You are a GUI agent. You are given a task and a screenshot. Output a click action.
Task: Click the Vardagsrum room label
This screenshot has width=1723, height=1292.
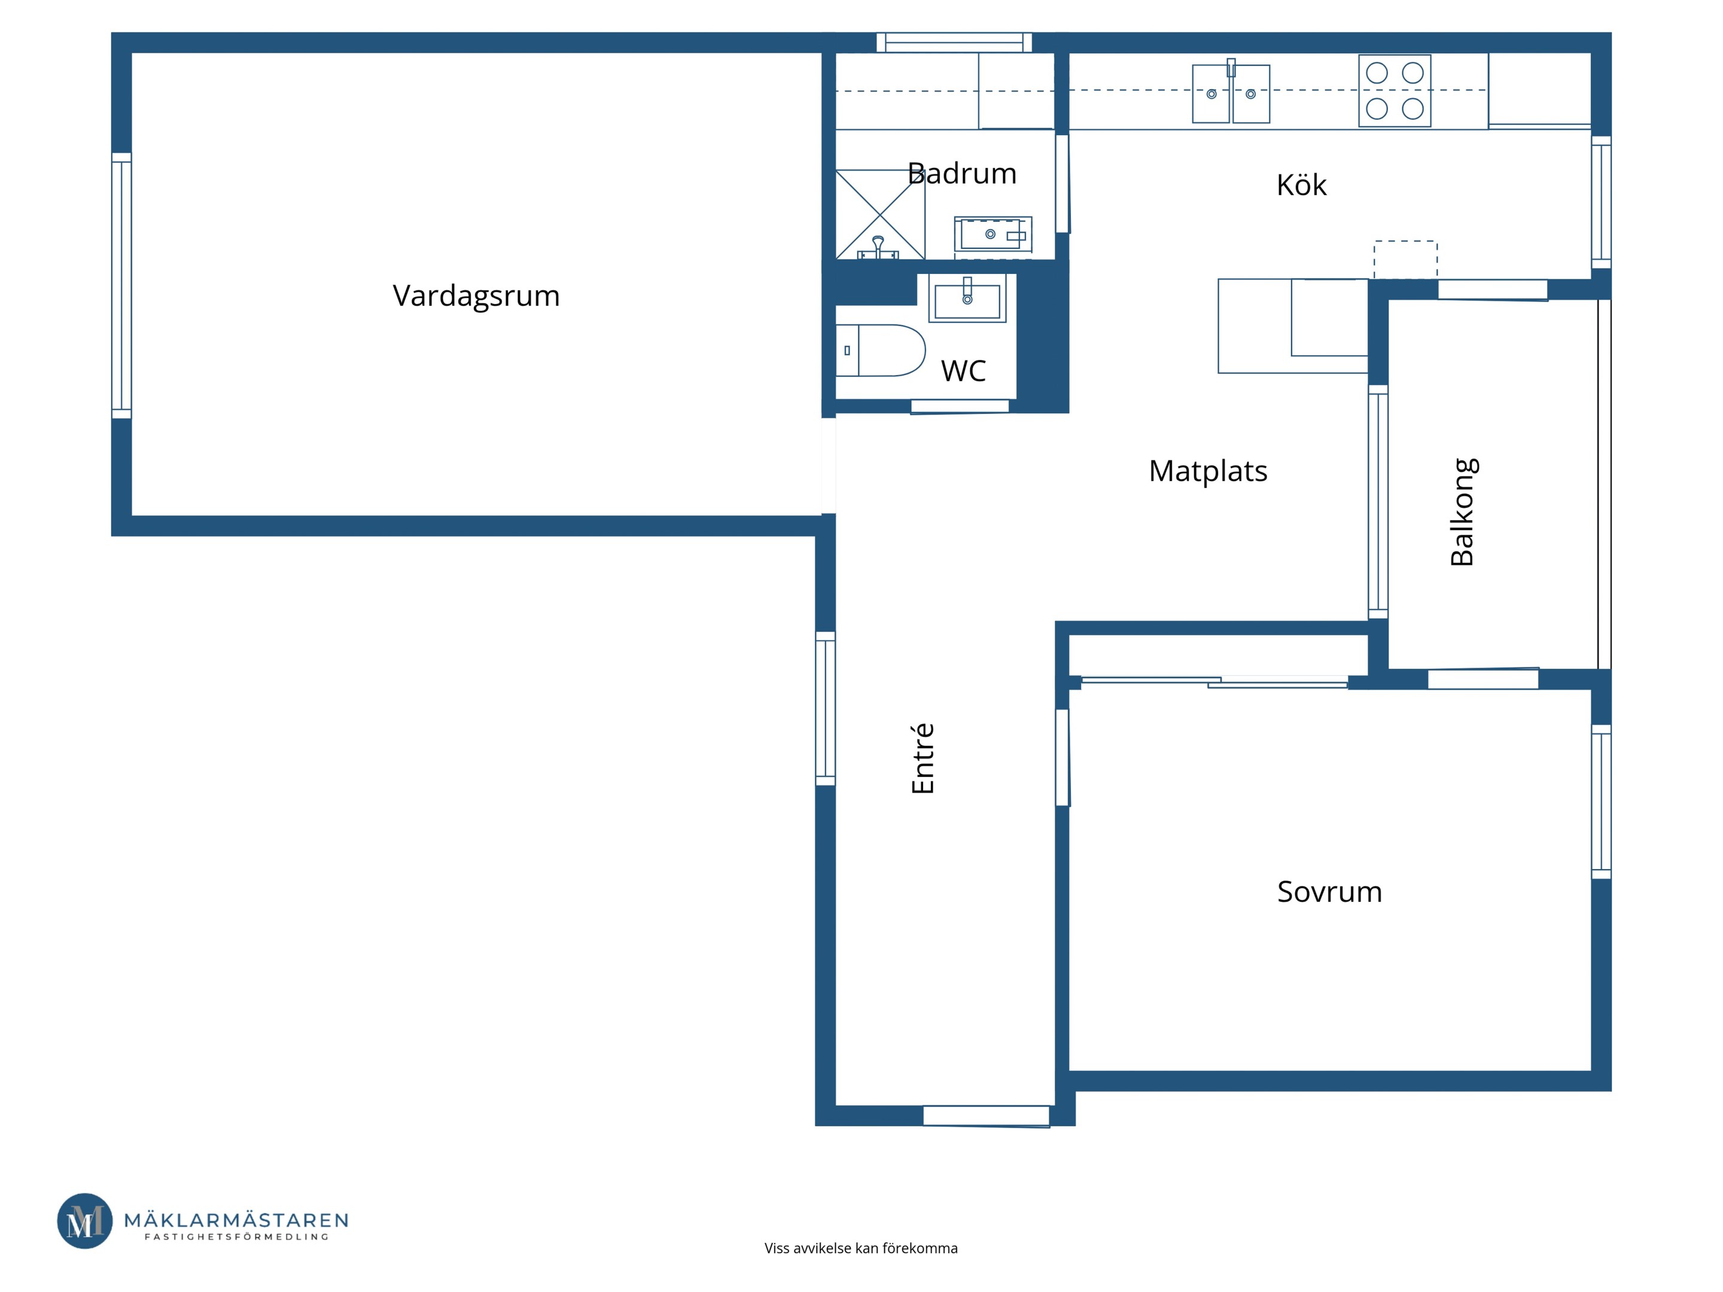coord(476,297)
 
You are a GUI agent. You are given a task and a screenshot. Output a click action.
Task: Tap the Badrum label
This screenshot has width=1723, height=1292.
coord(962,173)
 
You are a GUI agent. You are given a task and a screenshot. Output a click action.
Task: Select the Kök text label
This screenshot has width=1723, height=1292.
coord(1301,185)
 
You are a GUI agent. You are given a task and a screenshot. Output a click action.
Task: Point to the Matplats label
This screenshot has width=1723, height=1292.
coord(1208,471)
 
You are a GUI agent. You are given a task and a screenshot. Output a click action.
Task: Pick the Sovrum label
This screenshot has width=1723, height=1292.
coord(1329,892)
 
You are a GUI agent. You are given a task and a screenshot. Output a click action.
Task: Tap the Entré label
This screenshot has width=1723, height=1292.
coord(923,758)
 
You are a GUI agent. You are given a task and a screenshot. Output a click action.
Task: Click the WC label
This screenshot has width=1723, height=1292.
coord(964,371)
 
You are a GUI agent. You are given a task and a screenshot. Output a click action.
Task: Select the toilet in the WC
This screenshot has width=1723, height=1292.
coord(880,351)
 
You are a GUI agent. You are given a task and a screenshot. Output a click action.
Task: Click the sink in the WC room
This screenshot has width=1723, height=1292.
coord(967,298)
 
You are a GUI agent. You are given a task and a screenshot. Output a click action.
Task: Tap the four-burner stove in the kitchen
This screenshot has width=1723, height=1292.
coord(1395,90)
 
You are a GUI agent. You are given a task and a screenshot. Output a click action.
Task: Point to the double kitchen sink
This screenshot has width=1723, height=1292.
coord(1231,93)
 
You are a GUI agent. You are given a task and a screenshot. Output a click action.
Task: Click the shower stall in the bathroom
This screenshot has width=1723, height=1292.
coord(880,214)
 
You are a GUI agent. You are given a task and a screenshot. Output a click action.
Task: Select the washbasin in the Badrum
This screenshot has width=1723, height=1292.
coord(993,234)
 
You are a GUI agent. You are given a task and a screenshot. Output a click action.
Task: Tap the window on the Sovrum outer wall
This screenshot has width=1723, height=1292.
coord(1601,802)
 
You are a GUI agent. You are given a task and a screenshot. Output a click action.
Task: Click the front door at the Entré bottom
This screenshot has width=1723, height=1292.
coord(986,1116)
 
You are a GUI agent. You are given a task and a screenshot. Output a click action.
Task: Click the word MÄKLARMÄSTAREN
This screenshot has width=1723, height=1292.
coord(236,1220)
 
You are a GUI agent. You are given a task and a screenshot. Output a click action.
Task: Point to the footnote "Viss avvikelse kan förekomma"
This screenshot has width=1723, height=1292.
coord(861,1248)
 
